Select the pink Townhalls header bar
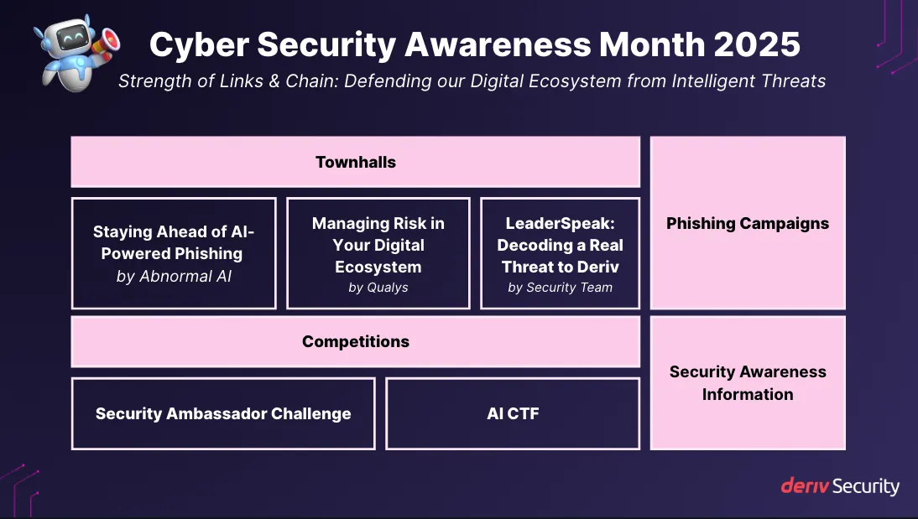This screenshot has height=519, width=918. tap(355, 162)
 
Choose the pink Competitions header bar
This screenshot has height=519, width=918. tap(355, 341)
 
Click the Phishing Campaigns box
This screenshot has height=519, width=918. tap(747, 224)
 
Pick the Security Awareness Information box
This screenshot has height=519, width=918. tap(747, 383)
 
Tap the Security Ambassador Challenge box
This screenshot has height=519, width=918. tap(222, 413)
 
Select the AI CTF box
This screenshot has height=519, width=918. tap(513, 413)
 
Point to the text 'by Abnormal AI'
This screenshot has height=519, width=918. tap(174, 276)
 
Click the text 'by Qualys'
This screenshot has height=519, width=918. tap(378, 288)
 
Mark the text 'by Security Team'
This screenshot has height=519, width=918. tap(560, 288)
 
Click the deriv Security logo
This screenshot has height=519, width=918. tap(839, 486)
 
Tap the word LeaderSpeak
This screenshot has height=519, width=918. tap(560, 224)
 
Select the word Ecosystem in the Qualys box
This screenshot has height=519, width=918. tap(378, 267)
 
